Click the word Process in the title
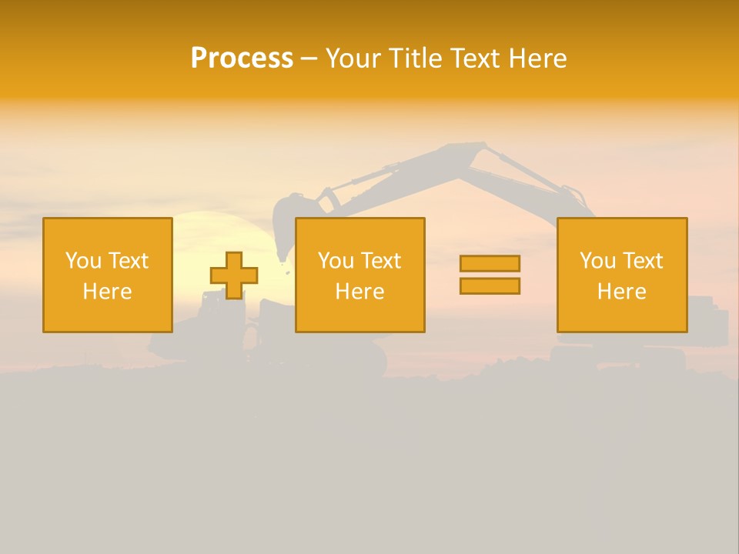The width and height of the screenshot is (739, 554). [242, 58]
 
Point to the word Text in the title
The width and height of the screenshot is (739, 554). [477, 58]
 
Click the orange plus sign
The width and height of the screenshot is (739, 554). [234, 275]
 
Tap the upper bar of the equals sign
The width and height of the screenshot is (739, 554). [490, 263]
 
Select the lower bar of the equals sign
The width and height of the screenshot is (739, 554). [490, 285]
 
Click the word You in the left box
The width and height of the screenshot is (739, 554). [83, 261]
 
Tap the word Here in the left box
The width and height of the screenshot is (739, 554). [107, 292]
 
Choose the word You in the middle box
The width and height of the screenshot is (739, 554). [336, 261]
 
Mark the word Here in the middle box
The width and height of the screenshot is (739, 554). [359, 292]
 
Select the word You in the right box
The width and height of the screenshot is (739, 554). [597, 261]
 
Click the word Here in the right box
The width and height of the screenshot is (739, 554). [621, 292]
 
